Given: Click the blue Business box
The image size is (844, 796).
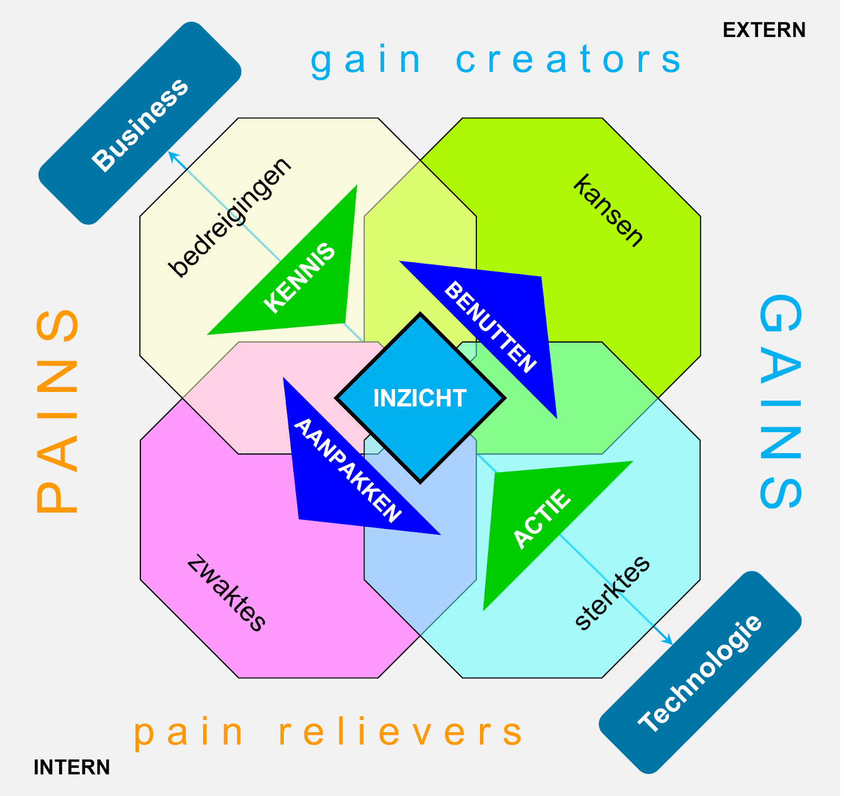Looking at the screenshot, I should coord(140,124).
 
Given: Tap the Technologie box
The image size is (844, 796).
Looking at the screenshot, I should coord(700,672).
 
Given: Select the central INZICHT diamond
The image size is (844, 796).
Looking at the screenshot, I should coord(420,398).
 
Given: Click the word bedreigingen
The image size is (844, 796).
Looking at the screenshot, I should coord(229,217).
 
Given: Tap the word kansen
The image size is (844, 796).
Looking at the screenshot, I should coord(609,210).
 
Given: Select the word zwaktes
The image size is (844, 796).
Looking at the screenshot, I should coord(226,592).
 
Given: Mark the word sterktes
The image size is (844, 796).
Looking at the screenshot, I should coord(612,593).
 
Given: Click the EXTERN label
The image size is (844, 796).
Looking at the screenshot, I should coord(764,30).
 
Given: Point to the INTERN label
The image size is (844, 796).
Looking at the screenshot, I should coord(72,767).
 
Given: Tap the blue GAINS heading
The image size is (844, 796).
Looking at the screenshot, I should coord(780,401).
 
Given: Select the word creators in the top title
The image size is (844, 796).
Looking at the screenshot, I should coord(569,59).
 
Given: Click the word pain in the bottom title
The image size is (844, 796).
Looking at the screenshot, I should coord(188,733).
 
